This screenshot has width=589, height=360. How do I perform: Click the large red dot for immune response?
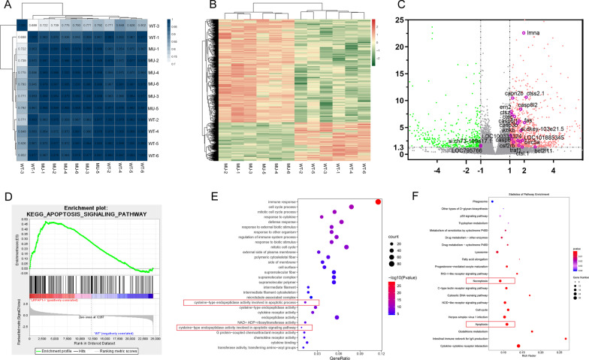tap(379, 201)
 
